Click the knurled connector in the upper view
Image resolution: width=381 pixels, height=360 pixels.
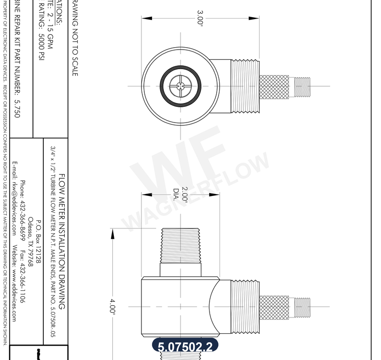pos(274,86)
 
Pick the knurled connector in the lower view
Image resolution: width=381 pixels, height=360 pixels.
pos(274,307)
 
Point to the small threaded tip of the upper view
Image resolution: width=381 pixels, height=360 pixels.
pos(303,86)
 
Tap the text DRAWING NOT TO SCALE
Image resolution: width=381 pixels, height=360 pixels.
pos(74,38)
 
